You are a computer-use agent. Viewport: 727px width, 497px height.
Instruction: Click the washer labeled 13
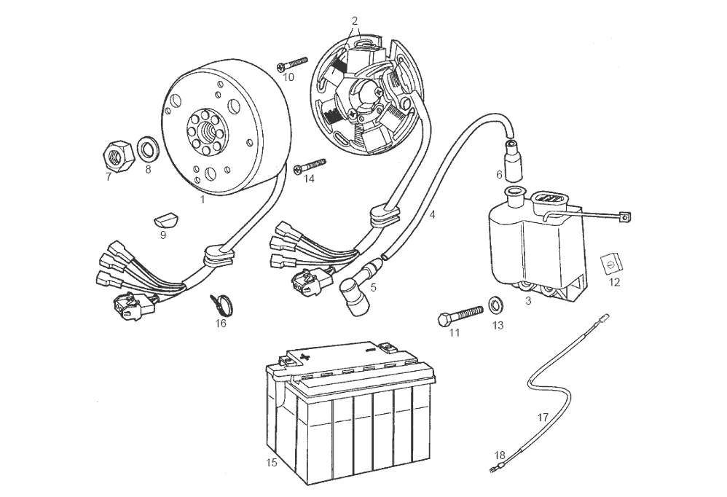[x=497, y=302]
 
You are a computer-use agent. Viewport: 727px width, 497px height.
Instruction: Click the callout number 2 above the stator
[x=355, y=20]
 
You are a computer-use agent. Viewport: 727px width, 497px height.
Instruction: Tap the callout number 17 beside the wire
[x=543, y=418]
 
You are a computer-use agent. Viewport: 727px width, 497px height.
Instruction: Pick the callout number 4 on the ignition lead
[x=432, y=216]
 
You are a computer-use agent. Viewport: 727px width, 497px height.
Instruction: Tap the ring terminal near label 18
[x=495, y=469]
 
